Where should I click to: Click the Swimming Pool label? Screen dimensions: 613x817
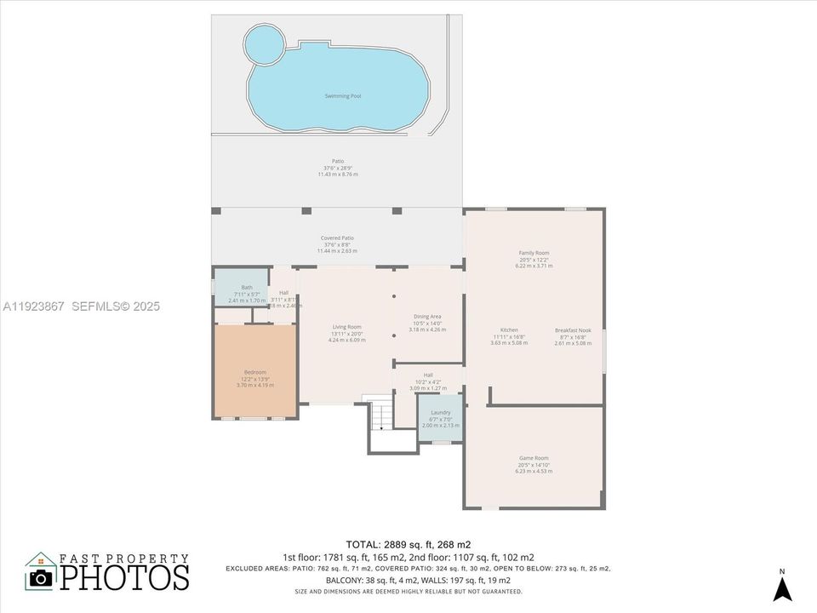[343, 96]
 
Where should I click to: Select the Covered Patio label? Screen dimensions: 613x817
[337, 238]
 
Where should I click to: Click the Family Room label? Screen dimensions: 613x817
[534, 253]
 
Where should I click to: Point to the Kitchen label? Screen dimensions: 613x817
[509, 329]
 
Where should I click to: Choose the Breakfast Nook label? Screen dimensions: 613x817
[572, 330]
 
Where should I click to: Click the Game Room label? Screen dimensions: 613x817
[534, 458]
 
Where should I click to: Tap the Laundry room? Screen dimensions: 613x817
[440, 418]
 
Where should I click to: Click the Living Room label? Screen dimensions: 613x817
[346, 327]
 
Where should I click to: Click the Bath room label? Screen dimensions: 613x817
[247, 287]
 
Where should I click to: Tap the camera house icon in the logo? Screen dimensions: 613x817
[40, 571]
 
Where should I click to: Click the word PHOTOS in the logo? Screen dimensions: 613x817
[123, 577]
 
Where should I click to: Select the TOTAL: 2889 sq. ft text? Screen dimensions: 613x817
[408, 544]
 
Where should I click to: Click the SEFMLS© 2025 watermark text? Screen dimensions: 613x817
[116, 306]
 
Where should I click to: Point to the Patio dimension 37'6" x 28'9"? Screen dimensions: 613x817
[338, 168]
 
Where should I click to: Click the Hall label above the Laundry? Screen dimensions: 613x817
[428, 375]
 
